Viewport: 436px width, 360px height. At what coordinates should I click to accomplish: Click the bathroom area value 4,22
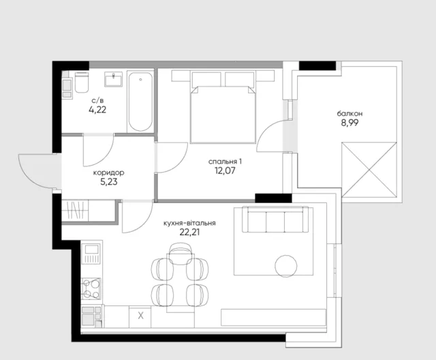(x=97, y=110)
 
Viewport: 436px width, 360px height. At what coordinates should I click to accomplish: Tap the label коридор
(x=109, y=172)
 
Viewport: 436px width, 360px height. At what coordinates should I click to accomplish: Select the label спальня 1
(x=225, y=162)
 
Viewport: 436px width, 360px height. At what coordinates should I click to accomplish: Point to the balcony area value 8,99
(x=349, y=123)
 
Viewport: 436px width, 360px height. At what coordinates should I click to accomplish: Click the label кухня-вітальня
(x=189, y=223)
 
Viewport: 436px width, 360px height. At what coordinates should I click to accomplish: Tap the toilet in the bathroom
(x=82, y=82)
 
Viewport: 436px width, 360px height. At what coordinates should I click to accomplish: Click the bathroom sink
(x=113, y=79)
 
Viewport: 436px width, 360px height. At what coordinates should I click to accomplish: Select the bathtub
(x=141, y=102)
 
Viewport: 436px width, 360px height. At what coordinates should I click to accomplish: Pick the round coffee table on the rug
(x=286, y=266)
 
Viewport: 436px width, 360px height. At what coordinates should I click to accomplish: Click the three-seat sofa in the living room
(x=275, y=220)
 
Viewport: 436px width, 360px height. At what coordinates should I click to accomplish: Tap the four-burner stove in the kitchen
(x=91, y=288)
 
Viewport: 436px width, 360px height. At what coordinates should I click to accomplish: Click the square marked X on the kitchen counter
(x=140, y=316)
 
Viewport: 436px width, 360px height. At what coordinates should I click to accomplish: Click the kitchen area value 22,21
(x=189, y=232)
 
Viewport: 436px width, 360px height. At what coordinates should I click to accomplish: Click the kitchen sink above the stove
(x=91, y=254)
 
